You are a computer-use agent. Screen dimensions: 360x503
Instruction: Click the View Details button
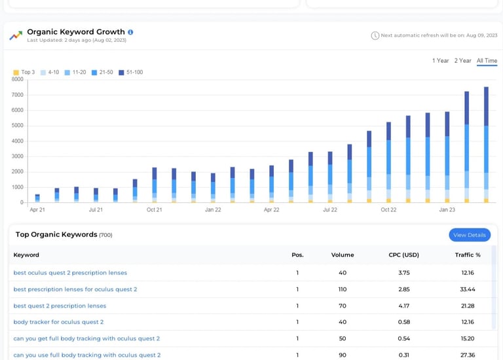click(470, 235)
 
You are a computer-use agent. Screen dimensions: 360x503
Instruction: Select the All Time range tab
click(487, 61)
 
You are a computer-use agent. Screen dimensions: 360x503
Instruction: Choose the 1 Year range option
click(441, 61)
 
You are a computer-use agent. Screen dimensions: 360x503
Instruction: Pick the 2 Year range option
click(463, 61)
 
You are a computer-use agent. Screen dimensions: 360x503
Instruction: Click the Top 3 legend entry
click(24, 72)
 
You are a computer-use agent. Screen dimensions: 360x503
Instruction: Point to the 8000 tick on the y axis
click(18, 79)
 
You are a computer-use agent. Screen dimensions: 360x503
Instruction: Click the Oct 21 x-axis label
click(155, 210)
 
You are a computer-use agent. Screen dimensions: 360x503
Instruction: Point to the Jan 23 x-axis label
click(447, 210)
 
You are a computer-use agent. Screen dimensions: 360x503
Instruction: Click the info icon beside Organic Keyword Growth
click(130, 32)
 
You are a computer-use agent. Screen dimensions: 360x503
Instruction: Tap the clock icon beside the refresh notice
click(375, 35)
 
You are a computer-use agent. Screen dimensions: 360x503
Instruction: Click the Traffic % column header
click(468, 255)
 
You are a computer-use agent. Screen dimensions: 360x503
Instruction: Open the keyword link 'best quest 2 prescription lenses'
click(60, 306)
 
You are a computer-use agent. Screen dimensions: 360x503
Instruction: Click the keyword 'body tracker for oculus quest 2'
click(58, 322)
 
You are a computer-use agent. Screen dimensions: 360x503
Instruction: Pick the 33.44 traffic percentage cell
click(468, 289)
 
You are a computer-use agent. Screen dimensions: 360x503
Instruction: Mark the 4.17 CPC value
click(403, 306)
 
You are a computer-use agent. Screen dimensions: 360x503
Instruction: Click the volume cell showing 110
click(343, 289)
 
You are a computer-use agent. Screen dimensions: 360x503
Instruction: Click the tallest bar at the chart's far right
click(486, 144)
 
